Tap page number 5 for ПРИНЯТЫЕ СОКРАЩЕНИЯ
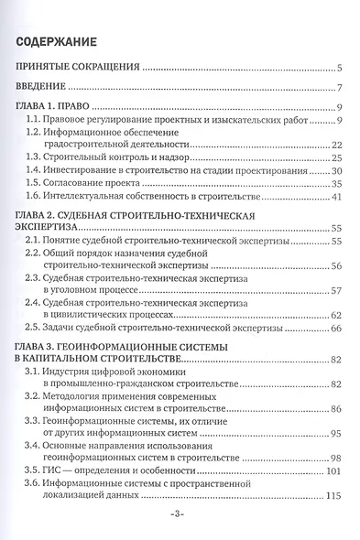pos(339,68)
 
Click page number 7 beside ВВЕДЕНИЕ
pos(339,88)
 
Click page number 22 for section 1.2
pos(336,145)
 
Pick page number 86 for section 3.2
pos(336,407)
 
